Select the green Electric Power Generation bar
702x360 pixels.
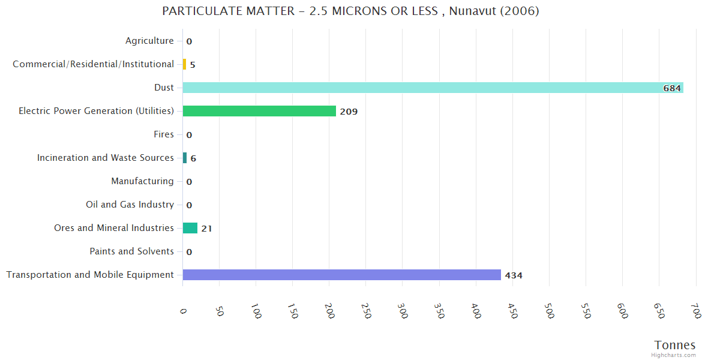(259, 111)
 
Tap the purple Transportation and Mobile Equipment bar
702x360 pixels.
(341, 275)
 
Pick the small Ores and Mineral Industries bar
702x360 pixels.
(190, 228)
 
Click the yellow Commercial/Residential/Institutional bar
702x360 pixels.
(184, 64)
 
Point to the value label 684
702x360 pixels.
(671, 88)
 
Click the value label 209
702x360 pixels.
(349, 112)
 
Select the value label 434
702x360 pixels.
(514, 275)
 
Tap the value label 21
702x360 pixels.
(206, 229)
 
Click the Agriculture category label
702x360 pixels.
(149, 41)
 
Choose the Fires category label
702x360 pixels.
(164, 134)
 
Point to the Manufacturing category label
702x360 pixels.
(142, 181)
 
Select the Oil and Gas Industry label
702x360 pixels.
(130, 205)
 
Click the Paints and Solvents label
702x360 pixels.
(131, 251)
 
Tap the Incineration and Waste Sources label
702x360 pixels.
(106, 158)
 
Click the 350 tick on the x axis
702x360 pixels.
(440, 311)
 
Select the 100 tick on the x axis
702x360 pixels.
(256, 311)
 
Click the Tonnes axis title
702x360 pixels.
(675, 345)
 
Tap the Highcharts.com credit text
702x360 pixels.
(674, 355)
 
